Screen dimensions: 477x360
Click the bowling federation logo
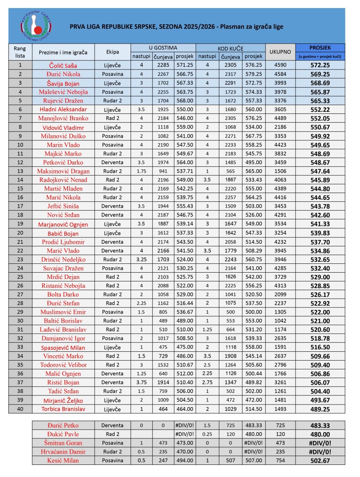pos(37,26)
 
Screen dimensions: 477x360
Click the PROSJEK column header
pos(320,48)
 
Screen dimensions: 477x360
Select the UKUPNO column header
pos(280,52)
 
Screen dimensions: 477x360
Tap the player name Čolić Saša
pos(64,65)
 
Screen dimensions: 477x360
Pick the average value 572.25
pos(320,65)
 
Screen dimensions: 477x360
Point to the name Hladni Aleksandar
pos(64,109)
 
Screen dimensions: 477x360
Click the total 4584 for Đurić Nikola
pos(280,74)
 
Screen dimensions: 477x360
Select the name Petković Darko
pos(64,162)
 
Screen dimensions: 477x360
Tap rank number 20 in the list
pos(20,233)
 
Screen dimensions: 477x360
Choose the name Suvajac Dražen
pos(64,268)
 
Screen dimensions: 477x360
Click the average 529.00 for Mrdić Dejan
pos(320,277)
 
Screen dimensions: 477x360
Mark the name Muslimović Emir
pos(64,312)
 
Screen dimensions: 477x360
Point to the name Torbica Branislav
pos(64,409)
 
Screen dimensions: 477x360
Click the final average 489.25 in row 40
pos(320,409)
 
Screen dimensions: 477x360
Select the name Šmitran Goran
pos(64,443)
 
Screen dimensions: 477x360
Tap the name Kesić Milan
pos(64,460)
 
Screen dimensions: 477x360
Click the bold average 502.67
pos(320,460)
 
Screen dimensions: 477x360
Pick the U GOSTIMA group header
pos(163,48)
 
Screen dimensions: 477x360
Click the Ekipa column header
pos(113,52)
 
